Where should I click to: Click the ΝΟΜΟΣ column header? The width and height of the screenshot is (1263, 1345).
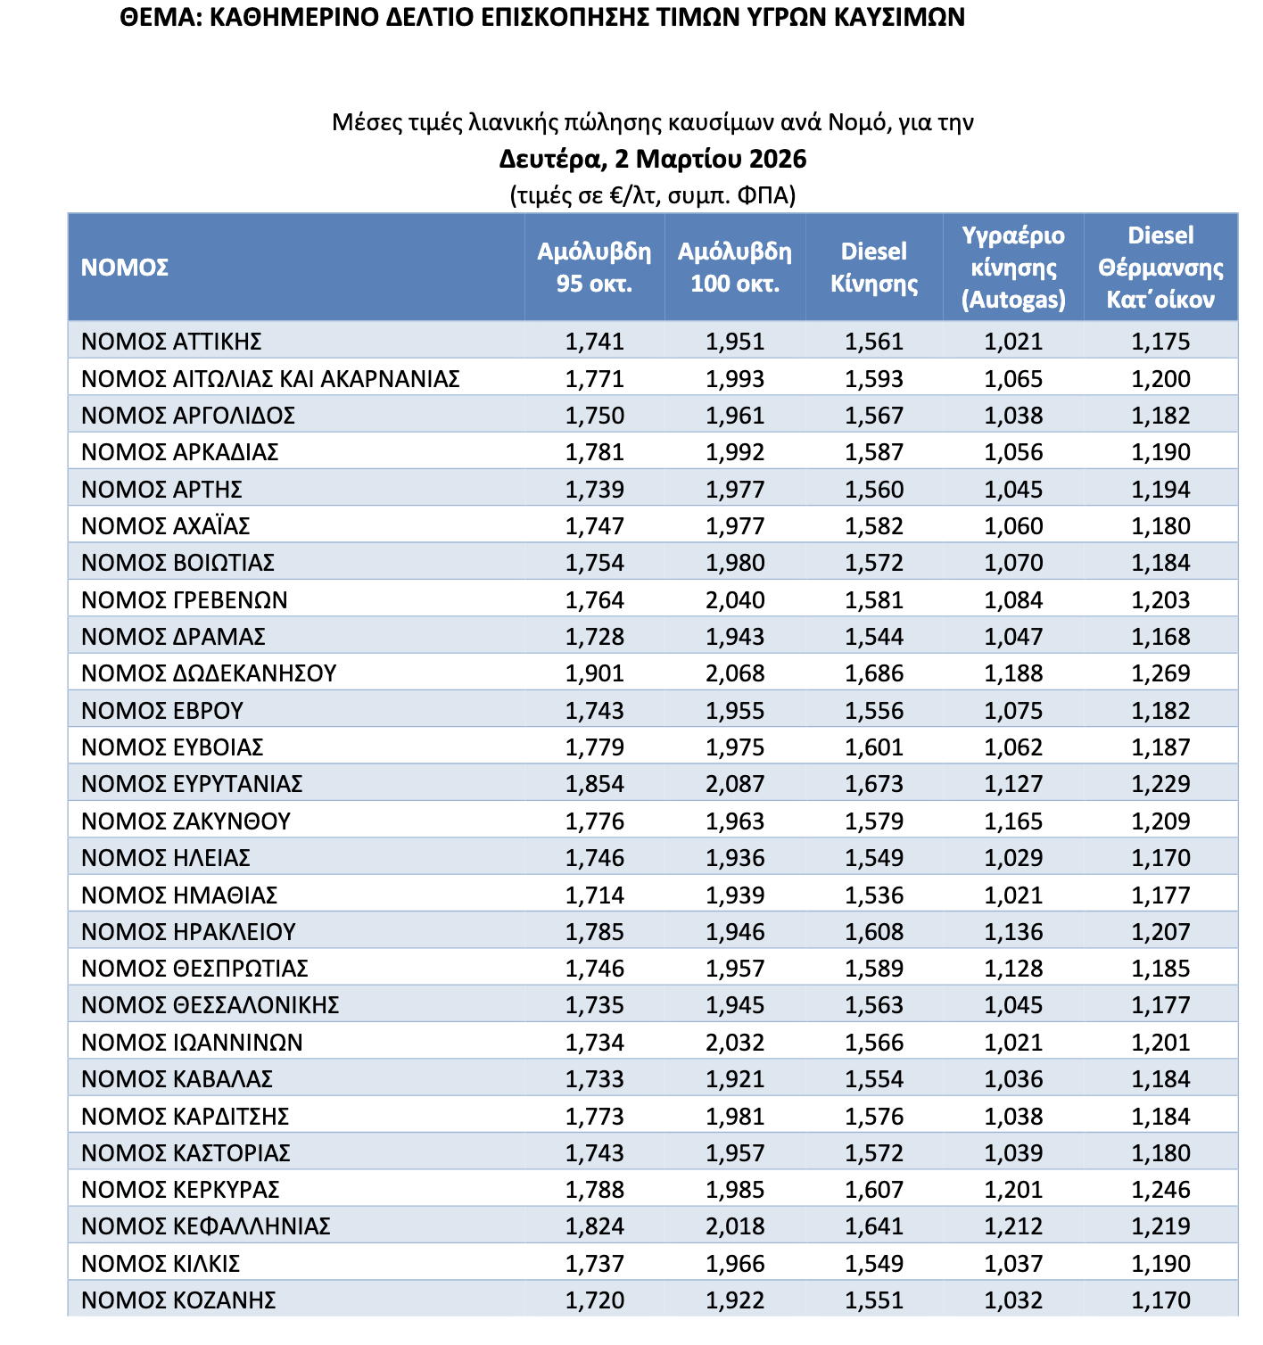(x=125, y=268)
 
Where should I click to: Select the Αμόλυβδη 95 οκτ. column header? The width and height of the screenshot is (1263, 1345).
(x=594, y=268)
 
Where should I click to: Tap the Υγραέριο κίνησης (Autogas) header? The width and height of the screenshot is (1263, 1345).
(x=1013, y=268)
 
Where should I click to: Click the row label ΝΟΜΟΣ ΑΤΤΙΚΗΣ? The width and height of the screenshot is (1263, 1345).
(x=171, y=342)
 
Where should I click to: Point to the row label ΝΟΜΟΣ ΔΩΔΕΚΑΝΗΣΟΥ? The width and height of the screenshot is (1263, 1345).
(x=209, y=673)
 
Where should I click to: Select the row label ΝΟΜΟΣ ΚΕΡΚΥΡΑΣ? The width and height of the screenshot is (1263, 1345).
(x=180, y=1190)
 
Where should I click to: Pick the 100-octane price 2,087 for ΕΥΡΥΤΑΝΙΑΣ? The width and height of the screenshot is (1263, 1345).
(x=735, y=784)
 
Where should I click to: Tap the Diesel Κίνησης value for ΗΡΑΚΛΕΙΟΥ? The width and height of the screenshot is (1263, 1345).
(x=874, y=932)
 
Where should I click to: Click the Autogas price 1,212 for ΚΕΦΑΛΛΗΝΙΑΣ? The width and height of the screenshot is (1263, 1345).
(x=1013, y=1226)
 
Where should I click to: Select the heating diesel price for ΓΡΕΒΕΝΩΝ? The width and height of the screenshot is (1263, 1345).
(x=1160, y=600)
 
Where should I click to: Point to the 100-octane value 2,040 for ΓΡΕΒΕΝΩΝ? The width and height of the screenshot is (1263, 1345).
(x=735, y=600)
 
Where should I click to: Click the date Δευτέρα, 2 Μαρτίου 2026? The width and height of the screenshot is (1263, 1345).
(x=653, y=160)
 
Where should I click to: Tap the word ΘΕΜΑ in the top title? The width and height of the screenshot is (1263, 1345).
(x=157, y=18)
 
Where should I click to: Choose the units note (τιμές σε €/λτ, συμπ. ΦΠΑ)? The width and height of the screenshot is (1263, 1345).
(x=653, y=195)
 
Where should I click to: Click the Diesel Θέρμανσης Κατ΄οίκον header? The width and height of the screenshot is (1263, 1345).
(x=1160, y=268)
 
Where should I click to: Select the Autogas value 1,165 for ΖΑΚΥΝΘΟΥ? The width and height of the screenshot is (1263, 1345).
(x=1013, y=821)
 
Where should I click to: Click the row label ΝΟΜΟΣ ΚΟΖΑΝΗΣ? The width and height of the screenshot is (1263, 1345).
(x=178, y=1300)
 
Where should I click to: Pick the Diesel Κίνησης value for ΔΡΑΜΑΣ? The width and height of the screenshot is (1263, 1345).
(x=874, y=637)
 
